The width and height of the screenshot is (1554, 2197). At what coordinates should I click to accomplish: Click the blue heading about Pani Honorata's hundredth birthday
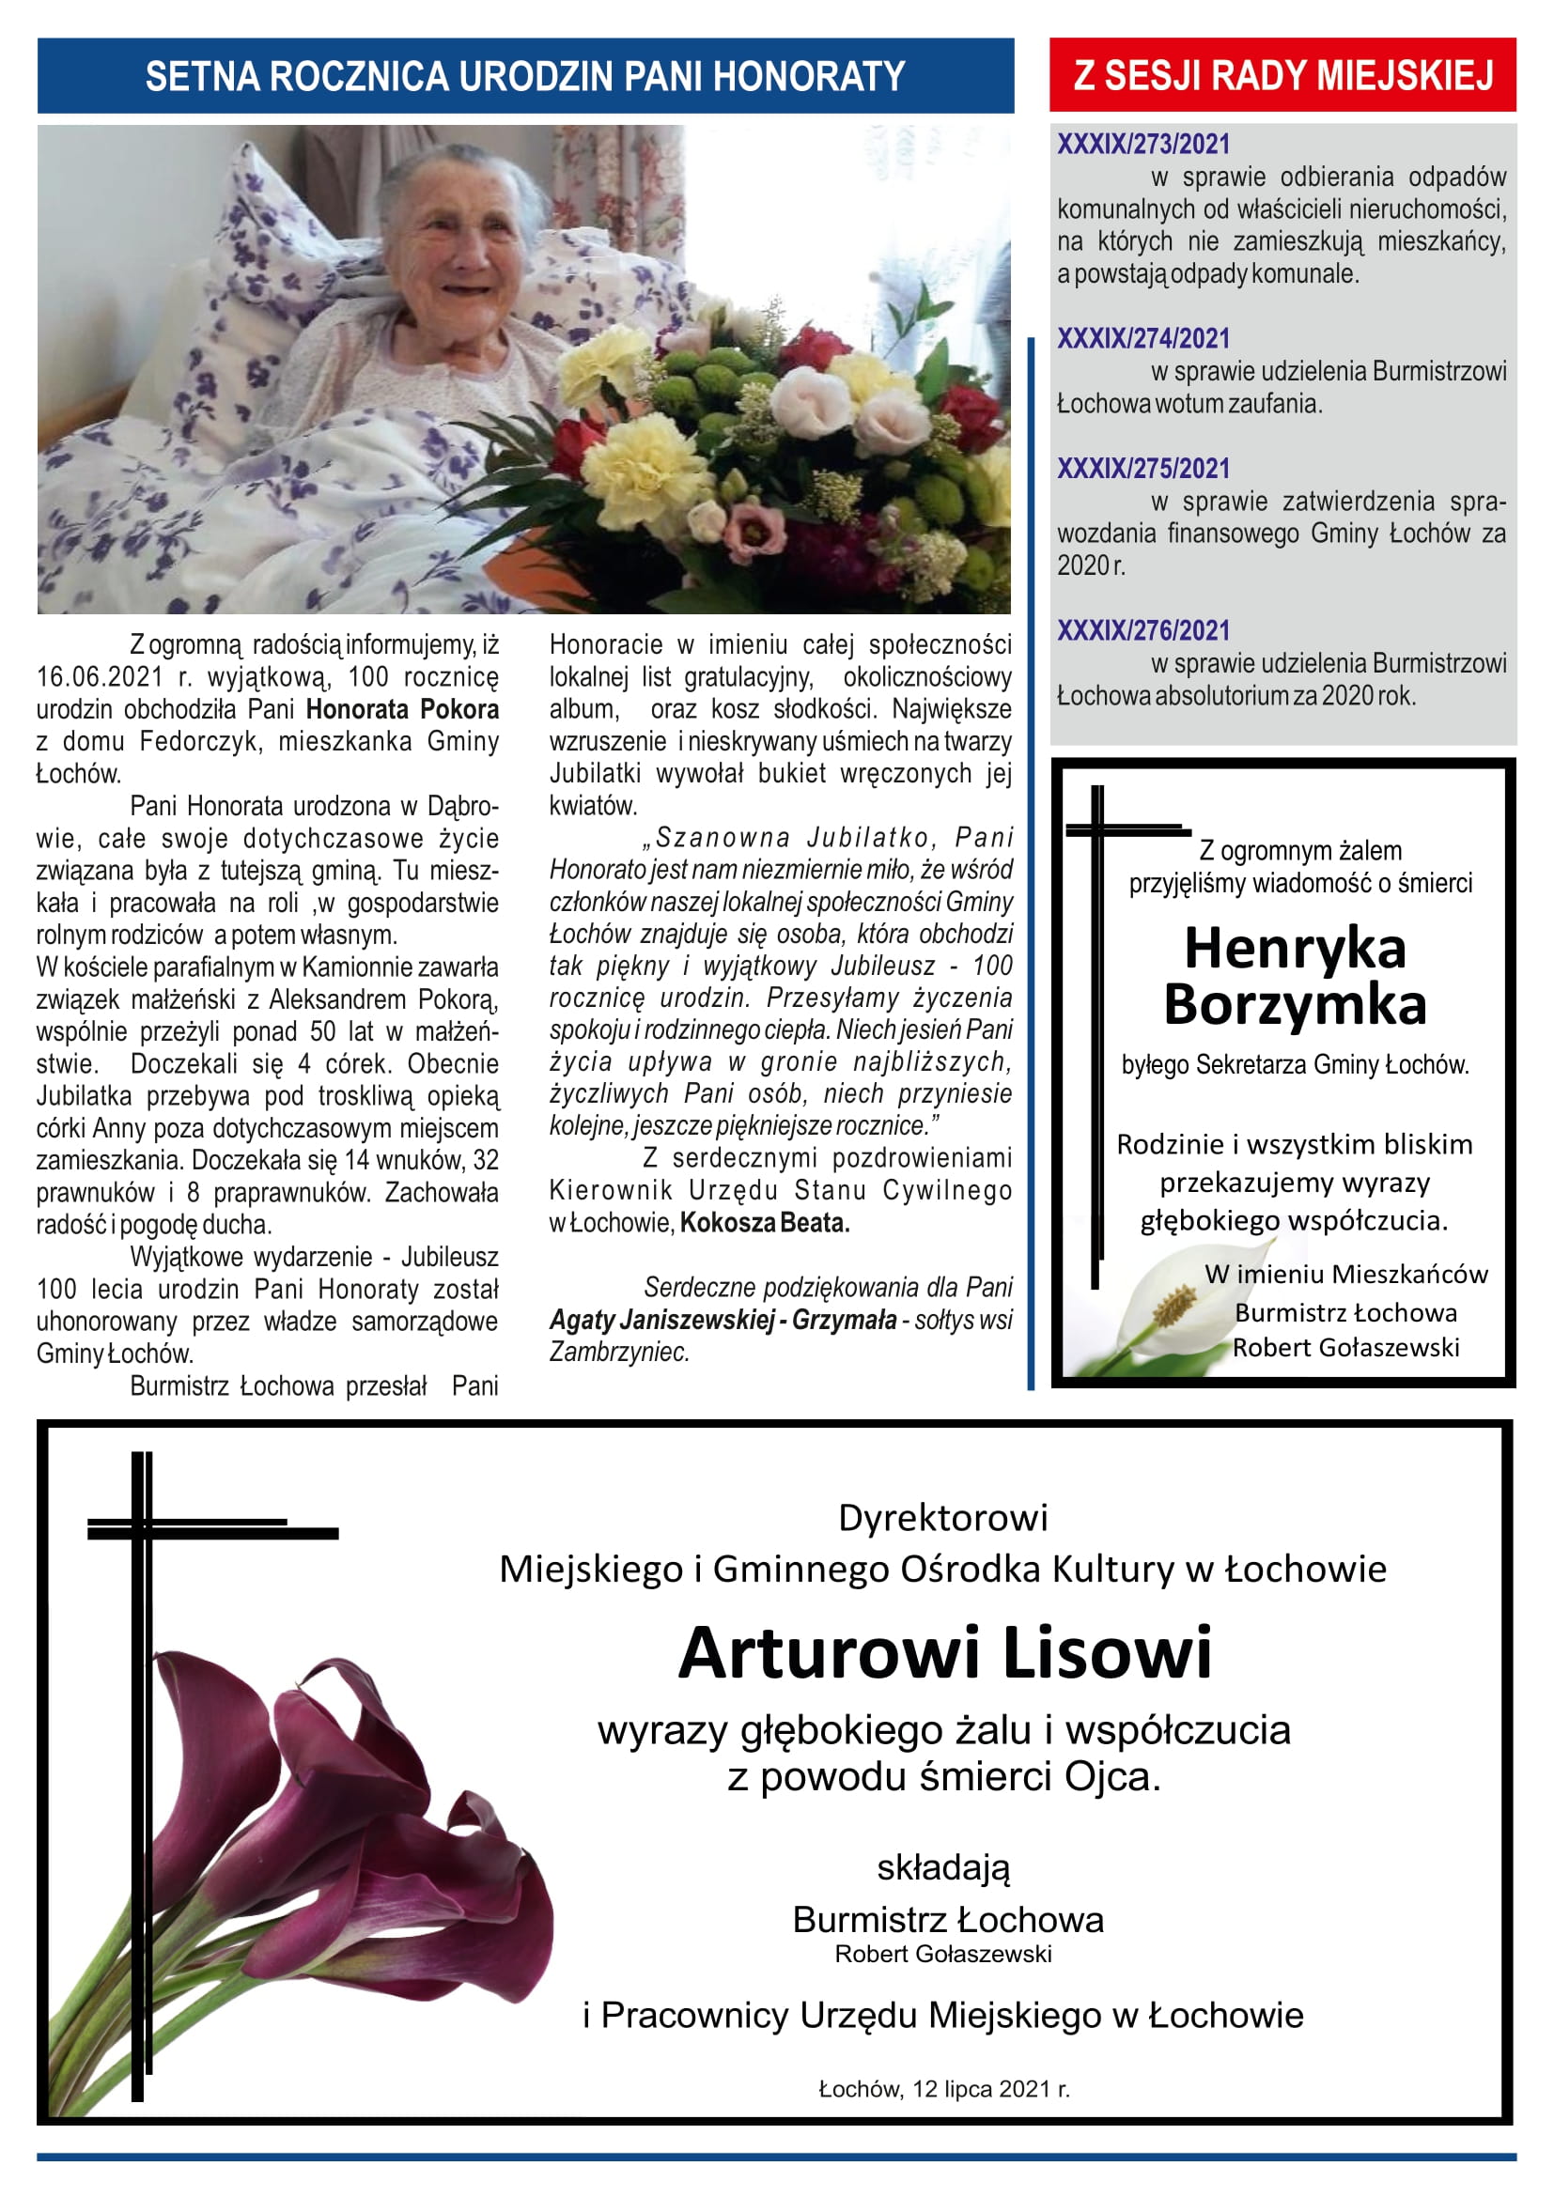click(x=524, y=76)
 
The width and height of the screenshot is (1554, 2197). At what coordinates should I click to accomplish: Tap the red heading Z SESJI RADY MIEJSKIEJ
click(x=1282, y=75)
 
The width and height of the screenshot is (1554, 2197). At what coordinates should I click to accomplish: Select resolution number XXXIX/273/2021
click(x=1142, y=145)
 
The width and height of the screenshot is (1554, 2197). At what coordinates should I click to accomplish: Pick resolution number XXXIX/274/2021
click(x=1142, y=339)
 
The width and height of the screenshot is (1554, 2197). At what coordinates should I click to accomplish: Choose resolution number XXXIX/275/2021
click(x=1142, y=469)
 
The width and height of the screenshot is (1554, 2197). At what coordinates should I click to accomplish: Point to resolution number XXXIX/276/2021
click(x=1142, y=630)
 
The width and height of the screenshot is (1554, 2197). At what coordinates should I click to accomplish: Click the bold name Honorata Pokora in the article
click(x=402, y=710)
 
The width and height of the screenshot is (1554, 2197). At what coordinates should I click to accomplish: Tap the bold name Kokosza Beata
click(x=765, y=1223)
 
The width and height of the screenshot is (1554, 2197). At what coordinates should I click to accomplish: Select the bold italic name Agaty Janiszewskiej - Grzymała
click(x=723, y=1321)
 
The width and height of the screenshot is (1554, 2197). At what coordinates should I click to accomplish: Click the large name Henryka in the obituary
click(x=1295, y=950)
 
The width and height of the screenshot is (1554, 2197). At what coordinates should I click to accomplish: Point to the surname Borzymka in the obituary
click(x=1295, y=1005)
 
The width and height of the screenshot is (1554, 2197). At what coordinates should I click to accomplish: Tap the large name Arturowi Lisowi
click(x=944, y=1653)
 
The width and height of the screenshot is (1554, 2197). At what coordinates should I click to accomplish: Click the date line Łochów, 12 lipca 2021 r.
click(x=943, y=2089)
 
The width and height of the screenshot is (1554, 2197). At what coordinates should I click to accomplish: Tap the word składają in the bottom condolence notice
click(x=943, y=1867)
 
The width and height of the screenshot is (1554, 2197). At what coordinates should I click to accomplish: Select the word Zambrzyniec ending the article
click(x=619, y=1352)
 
